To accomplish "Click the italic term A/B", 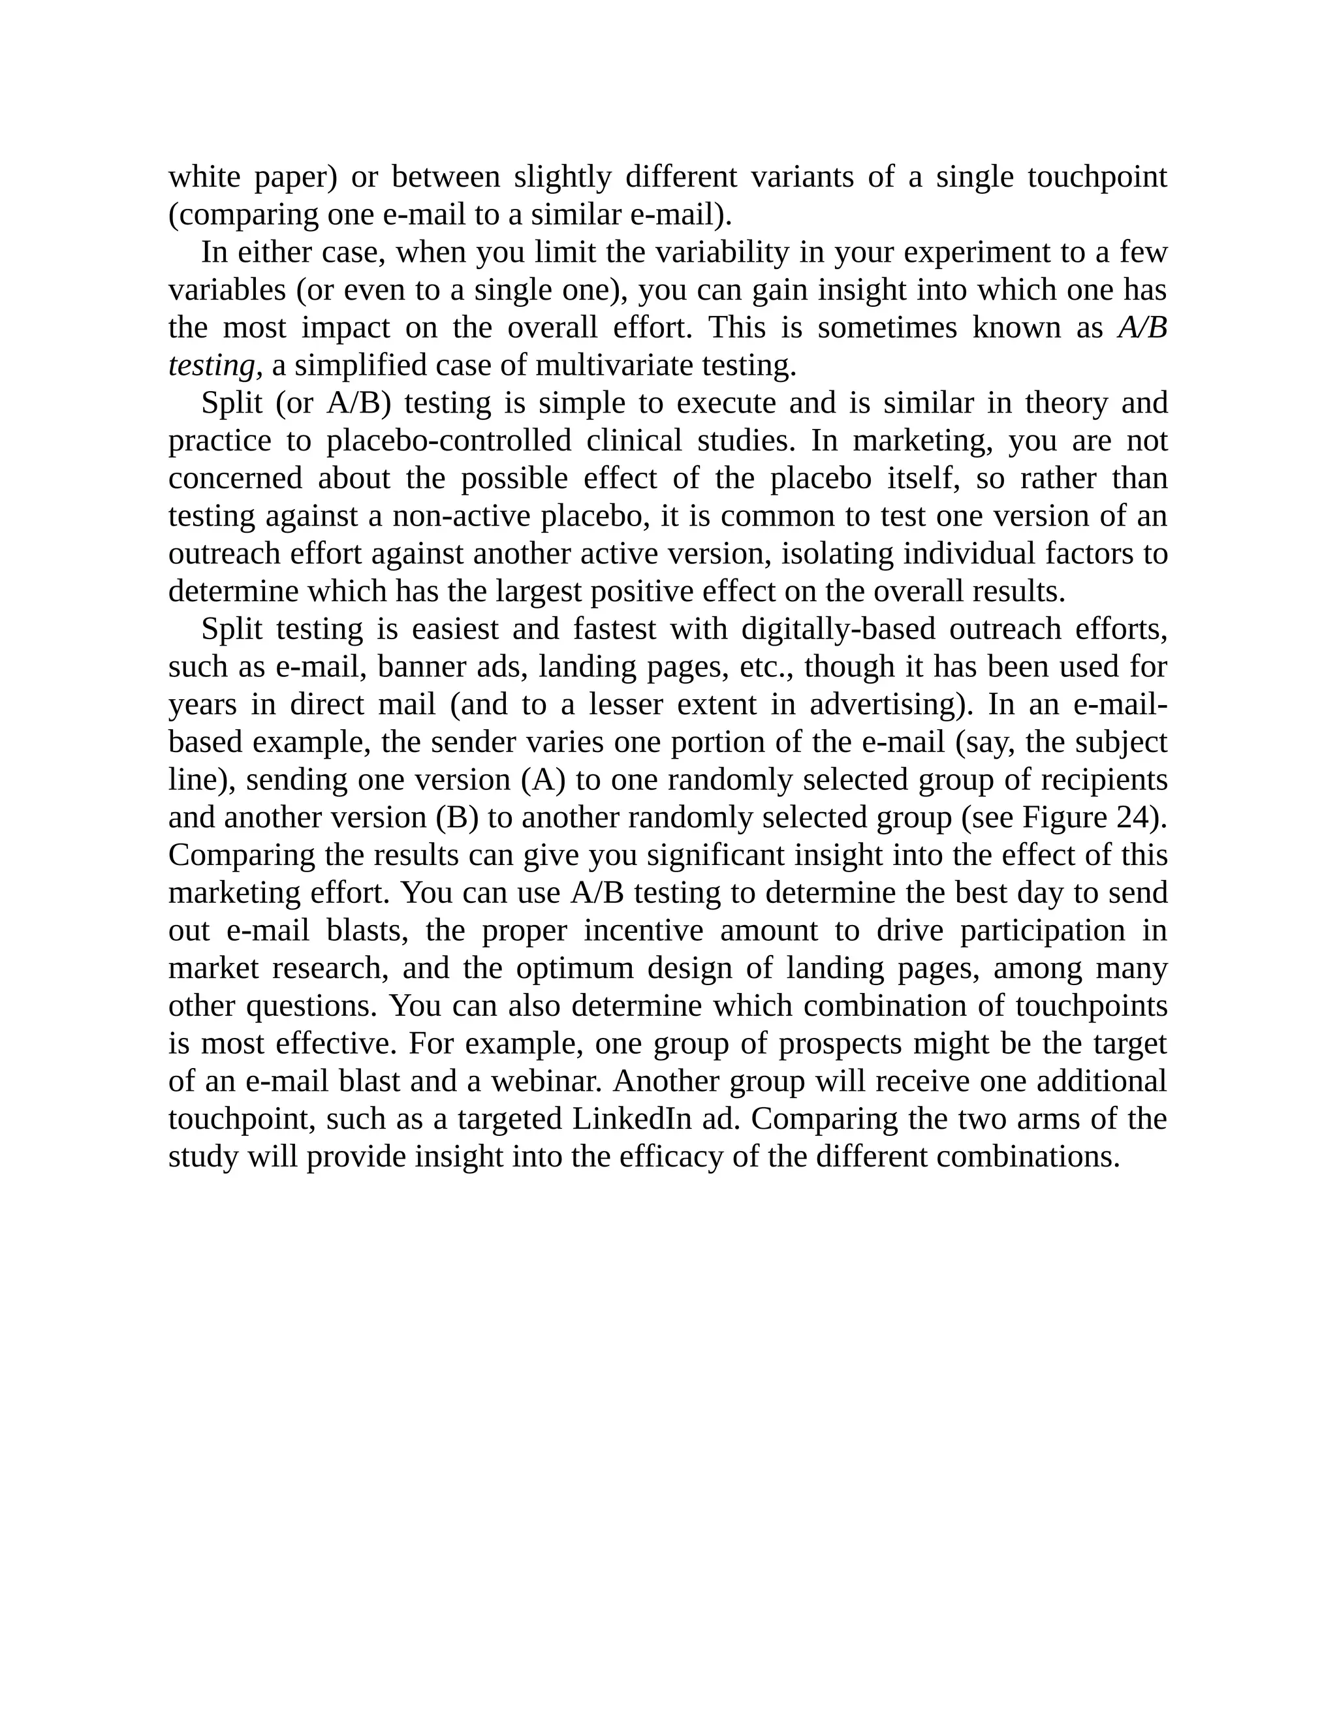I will (1142, 328).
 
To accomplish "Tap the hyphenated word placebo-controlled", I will (448, 441).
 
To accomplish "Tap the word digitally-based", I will (838, 630).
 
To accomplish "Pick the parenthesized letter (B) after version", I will (457, 817).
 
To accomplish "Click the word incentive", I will (643, 931).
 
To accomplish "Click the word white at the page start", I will (204, 177).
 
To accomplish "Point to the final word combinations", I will (1028, 1157).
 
